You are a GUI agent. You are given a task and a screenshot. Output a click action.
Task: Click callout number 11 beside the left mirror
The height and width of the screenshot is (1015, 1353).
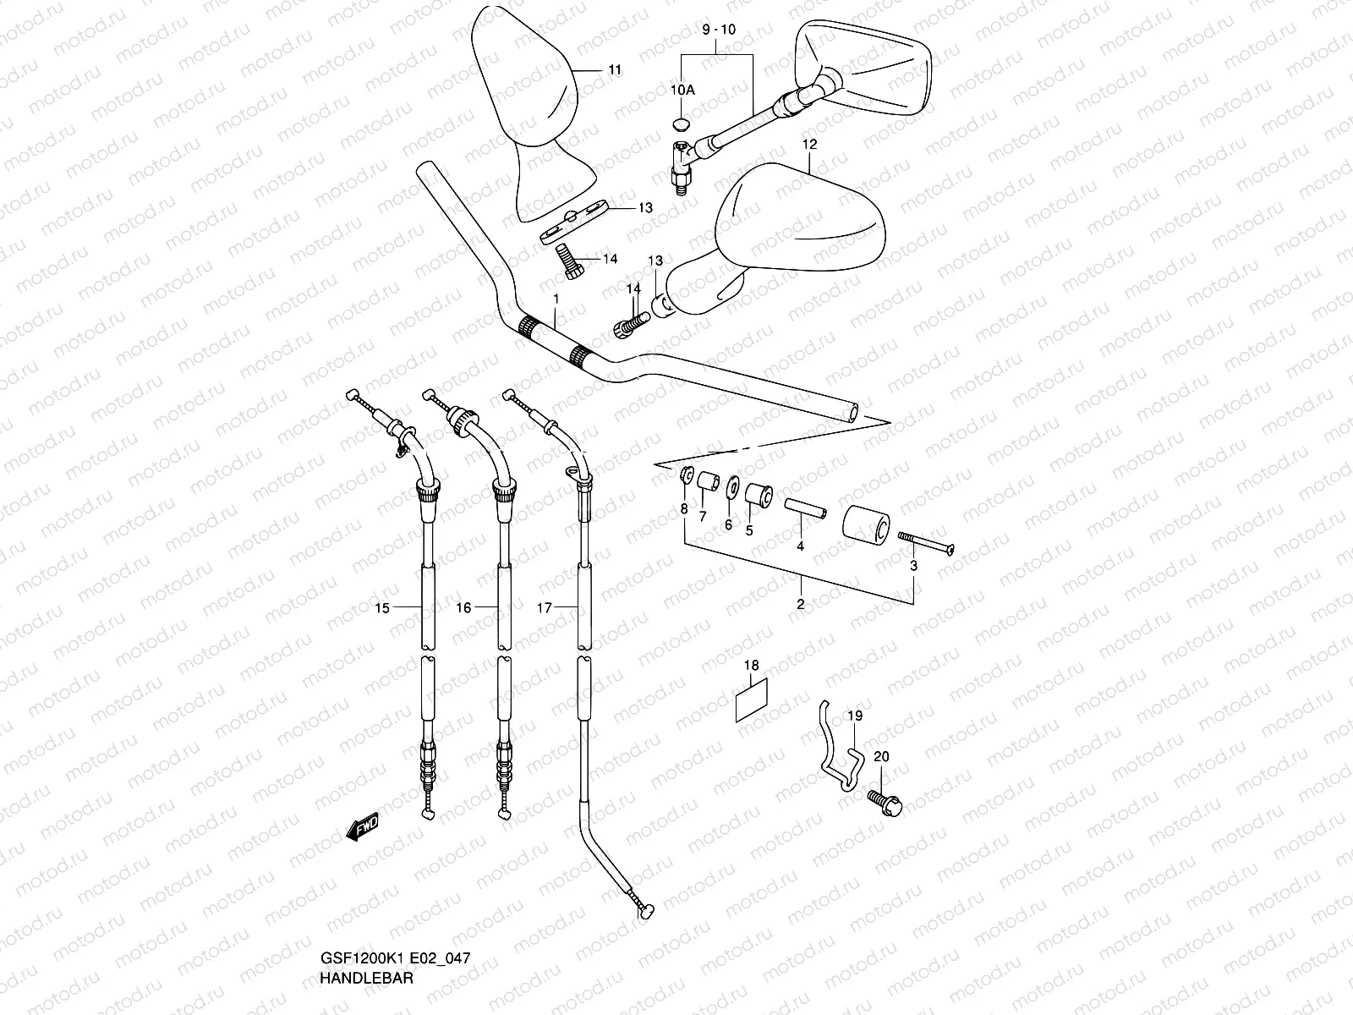point(614,69)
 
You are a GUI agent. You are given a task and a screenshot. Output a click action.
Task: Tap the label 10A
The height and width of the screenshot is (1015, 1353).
point(682,90)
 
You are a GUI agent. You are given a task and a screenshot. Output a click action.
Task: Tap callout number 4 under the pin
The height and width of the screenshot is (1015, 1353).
point(800,546)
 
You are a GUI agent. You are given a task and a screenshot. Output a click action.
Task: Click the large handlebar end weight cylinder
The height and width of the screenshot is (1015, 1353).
point(864,528)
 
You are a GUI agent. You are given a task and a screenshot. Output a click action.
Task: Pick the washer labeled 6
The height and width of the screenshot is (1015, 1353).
point(728,489)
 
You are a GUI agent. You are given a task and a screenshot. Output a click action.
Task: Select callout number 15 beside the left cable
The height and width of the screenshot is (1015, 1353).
point(382,607)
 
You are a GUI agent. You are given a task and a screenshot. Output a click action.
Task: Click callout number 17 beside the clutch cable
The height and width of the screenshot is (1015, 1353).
point(545,607)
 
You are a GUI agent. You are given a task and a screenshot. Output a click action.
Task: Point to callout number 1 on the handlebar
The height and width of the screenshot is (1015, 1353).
point(556,299)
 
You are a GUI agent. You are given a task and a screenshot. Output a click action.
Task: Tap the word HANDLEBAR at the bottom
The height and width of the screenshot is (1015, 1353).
point(366,977)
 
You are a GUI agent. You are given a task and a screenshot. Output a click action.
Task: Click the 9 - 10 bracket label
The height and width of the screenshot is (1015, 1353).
point(719,30)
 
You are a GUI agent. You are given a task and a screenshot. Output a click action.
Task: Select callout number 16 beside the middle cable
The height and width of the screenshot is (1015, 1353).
point(463,607)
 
